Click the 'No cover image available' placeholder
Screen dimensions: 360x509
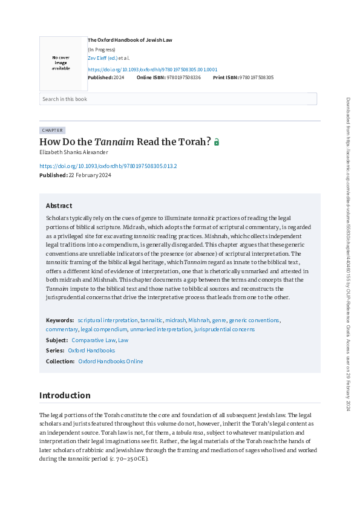(61, 63)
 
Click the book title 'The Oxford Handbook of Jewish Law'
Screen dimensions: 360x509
(130, 40)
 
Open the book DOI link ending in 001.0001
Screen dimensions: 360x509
(152, 69)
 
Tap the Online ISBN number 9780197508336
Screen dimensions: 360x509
(183, 78)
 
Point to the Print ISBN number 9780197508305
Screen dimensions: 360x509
(257, 78)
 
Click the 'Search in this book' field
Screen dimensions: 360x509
(178, 99)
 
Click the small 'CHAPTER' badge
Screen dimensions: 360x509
(52, 130)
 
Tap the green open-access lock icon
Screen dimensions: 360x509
(217, 143)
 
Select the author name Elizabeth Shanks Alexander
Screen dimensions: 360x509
(74, 152)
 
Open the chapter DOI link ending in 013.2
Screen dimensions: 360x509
(108, 166)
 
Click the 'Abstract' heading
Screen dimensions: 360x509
(59, 206)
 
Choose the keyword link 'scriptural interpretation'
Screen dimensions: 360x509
(108, 320)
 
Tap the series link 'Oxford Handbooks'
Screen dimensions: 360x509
(91, 351)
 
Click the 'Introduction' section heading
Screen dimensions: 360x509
(65, 395)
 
